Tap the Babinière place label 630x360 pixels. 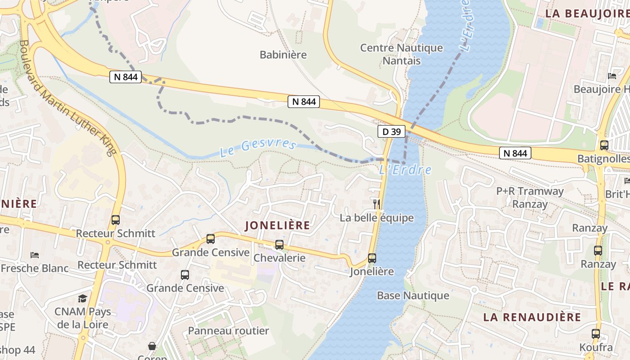pyautogui.click(x=283, y=55)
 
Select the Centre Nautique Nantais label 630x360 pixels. pyautogui.click(x=401, y=54)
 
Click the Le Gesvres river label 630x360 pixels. pyautogui.click(x=258, y=148)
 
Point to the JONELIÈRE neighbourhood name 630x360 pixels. pyautogui.click(x=278, y=225)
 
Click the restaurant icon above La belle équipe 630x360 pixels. pyautogui.click(x=377, y=204)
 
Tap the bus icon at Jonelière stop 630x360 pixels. pyautogui.click(x=372, y=258)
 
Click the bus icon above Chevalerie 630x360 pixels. pyautogui.click(x=279, y=245)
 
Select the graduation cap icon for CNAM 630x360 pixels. pyautogui.click(x=82, y=298)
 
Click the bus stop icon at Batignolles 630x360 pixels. pyautogui.click(x=604, y=145)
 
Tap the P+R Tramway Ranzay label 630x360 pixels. pyautogui.click(x=530, y=198)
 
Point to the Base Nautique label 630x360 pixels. pyautogui.click(x=413, y=296)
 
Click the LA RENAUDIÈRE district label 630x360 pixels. pyautogui.click(x=532, y=317)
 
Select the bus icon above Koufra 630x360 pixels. pyautogui.click(x=596, y=334)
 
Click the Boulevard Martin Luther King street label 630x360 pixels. pyautogui.click(x=67, y=98)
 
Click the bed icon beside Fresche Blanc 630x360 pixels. pyautogui.click(x=35, y=255)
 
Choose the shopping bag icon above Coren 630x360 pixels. pyautogui.click(x=152, y=346)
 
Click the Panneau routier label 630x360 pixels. pyautogui.click(x=228, y=331)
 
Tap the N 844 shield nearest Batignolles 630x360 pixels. pyautogui.click(x=515, y=153)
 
